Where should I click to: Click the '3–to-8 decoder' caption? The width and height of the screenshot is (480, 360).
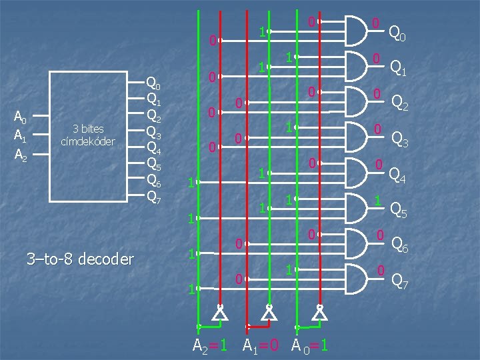pos(80,259)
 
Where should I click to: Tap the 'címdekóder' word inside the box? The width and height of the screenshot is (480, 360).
pos(88,141)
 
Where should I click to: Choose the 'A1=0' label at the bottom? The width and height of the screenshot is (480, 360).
pos(261,345)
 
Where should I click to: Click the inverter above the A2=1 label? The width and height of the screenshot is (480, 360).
pos(219,312)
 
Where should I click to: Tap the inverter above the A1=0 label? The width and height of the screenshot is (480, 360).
pos(269,312)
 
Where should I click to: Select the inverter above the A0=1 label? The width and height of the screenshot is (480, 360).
pos(320,312)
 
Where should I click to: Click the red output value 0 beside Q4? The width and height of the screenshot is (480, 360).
pos(378,165)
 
